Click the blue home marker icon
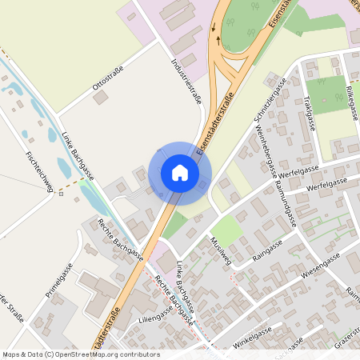179,173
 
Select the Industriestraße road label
186,80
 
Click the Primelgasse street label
59,281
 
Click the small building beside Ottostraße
101,97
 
